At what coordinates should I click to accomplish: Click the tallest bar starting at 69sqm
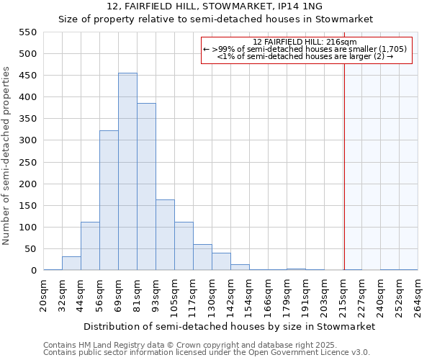click(127, 173)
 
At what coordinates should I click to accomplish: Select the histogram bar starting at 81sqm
click(146, 187)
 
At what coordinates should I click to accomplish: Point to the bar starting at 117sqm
click(202, 258)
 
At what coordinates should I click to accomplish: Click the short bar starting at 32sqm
click(71, 264)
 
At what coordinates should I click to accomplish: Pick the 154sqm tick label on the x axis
click(250, 295)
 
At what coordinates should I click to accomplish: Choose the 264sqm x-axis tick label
click(418, 295)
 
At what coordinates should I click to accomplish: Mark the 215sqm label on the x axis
click(343, 295)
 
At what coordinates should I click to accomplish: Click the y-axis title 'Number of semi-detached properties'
click(7, 156)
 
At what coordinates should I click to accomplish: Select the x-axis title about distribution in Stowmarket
click(229, 327)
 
